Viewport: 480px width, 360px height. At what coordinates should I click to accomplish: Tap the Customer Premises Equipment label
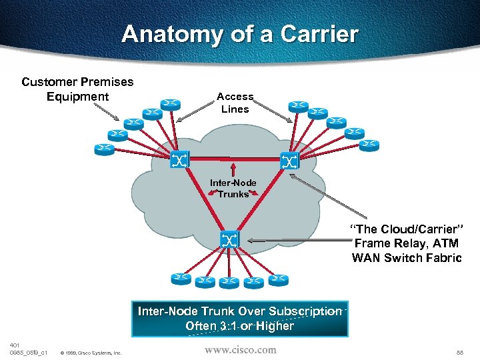[77, 89]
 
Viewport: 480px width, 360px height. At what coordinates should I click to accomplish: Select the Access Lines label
[235, 103]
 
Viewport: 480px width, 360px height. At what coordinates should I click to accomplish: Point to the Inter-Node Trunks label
[233, 189]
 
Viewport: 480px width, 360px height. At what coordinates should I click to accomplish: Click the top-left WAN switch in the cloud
[180, 159]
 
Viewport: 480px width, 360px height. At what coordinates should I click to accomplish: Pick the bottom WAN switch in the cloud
[229, 239]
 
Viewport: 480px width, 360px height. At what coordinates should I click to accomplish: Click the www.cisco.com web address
[240, 349]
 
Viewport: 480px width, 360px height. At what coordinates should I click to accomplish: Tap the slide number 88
[459, 351]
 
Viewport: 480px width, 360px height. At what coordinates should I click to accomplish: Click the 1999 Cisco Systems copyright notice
[91, 353]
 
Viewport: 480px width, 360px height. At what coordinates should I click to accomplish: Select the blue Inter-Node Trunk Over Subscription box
[240, 319]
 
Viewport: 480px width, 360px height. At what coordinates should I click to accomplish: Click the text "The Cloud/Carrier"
[407, 230]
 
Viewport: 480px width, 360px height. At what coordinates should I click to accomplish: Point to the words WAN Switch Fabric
[407, 258]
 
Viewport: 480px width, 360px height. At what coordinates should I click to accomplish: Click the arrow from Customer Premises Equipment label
[106, 113]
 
